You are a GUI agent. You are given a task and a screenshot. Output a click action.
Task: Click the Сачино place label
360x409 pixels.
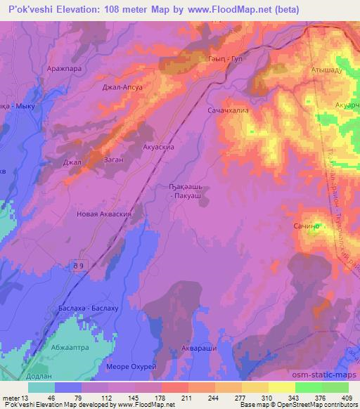point(307,226)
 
